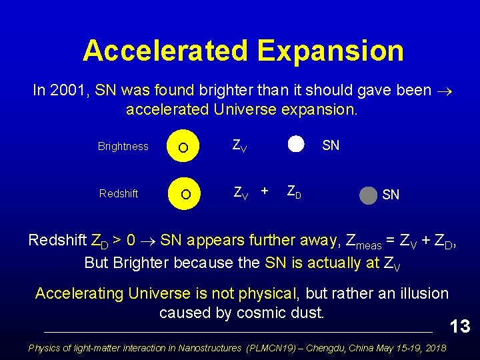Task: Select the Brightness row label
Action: (x=123, y=147)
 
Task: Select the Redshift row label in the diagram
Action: (x=119, y=193)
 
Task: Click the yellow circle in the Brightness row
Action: (x=186, y=147)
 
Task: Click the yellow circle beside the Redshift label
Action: (x=186, y=193)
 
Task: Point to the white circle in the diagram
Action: (x=296, y=145)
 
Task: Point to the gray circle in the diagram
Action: (x=368, y=196)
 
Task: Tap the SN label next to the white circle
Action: (x=331, y=145)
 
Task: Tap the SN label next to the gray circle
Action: (x=391, y=195)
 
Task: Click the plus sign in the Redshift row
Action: (x=265, y=191)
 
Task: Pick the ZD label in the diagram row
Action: (x=294, y=193)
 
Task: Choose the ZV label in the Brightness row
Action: (x=239, y=146)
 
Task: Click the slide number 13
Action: (x=460, y=326)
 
